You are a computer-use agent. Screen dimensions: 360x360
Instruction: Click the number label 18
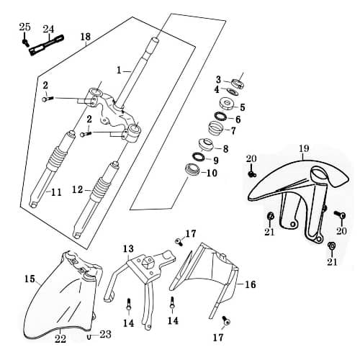(x=86, y=37)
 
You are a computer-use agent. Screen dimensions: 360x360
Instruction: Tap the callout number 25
(x=24, y=27)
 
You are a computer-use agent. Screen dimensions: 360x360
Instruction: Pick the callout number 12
(x=78, y=190)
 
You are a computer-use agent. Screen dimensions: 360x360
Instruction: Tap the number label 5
(x=242, y=107)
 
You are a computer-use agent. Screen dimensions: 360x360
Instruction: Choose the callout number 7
(x=233, y=131)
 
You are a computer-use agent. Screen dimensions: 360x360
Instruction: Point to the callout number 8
(x=225, y=149)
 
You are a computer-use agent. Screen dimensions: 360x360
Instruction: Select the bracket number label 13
(x=128, y=249)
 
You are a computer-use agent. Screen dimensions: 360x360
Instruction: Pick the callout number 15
(x=30, y=279)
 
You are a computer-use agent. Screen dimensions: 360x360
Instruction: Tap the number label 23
(x=105, y=334)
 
